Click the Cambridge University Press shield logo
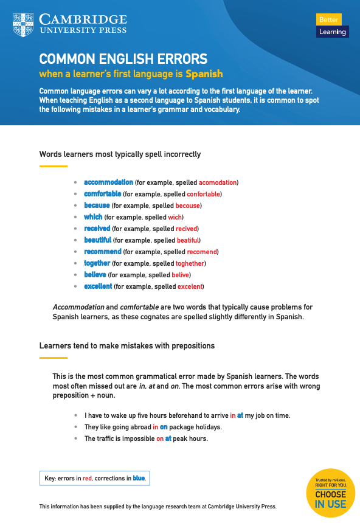point(22,24)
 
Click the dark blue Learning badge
point(332,32)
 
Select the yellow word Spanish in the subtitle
point(204,74)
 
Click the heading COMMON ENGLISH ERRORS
point(123,60)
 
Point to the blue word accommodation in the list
point(108,182)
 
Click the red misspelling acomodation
point(218,182)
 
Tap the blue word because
point(97,206)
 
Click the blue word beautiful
point(97,240)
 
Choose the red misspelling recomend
point(201,252)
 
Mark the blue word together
point(97,263)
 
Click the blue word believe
point(95,275)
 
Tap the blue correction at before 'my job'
point(240,415)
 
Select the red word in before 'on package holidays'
point(156,427)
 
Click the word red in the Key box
point(87,479)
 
